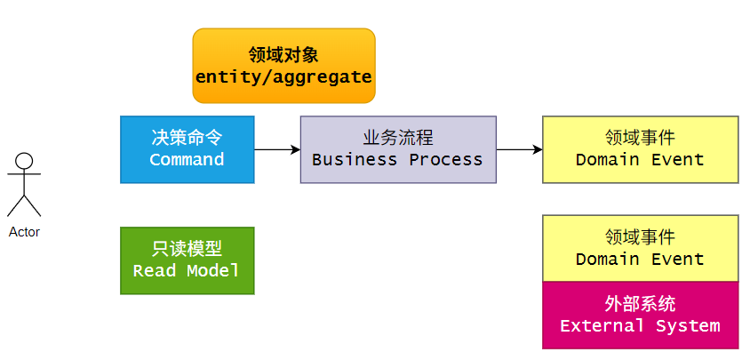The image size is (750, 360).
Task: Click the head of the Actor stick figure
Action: [x=25, y=161]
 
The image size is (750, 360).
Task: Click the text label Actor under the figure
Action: [x=25, y=232]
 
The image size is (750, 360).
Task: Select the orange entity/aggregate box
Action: [x=283, y=65]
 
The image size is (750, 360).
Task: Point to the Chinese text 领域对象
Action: [x=283, y=54]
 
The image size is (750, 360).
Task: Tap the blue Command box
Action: [x=187, y=149]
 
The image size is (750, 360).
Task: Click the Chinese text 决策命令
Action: [x=187, y=138]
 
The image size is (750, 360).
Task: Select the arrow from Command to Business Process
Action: [x=276, y=149]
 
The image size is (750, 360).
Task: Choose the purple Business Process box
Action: [x=397, y=149]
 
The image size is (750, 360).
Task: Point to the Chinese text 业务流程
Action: [x=397, y=138]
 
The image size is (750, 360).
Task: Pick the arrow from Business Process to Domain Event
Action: [x=519, y=149]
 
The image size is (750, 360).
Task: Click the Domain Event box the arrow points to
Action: [x=640, y=149]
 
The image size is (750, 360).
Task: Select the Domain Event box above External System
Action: [x=640, y=248]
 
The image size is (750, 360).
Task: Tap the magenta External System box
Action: [x=640, y=315]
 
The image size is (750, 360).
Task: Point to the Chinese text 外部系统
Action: [x=640, y=304]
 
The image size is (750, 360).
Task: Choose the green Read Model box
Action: [x=187, y=260]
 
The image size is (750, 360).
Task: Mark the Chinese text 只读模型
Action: [x=187, y=249]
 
